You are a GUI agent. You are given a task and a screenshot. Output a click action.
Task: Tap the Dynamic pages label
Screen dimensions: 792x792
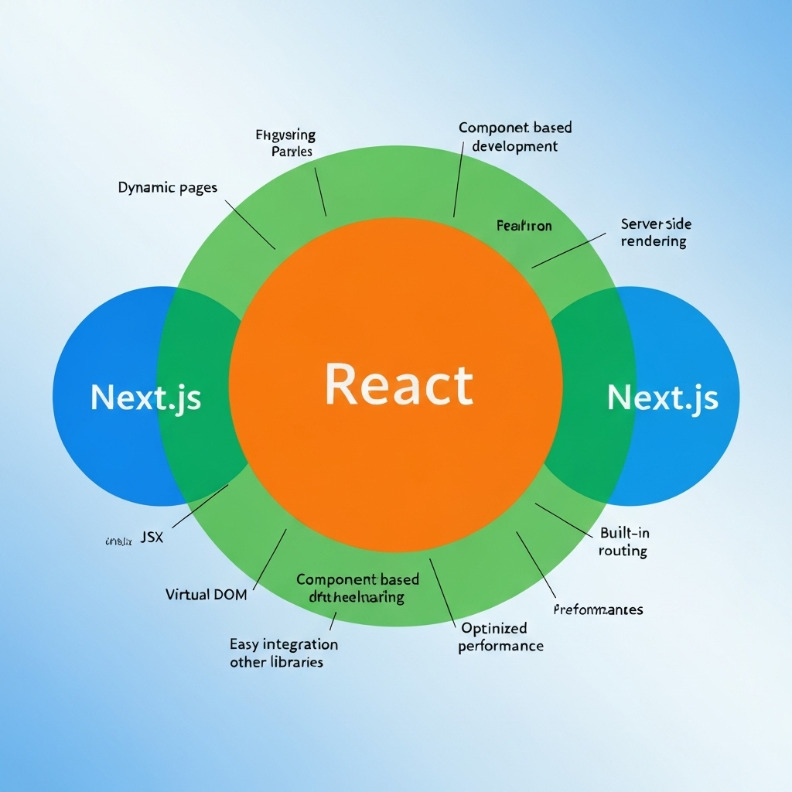168,187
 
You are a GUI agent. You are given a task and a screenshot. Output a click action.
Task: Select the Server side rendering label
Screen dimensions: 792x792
654,233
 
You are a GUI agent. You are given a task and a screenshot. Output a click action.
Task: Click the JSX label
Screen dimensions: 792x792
152,538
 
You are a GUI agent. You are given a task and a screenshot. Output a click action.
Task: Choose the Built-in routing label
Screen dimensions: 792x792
623,542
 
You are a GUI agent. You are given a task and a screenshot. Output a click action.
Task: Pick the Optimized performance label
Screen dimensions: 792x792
500,637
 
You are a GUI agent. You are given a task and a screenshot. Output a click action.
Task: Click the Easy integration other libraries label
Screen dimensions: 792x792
283,653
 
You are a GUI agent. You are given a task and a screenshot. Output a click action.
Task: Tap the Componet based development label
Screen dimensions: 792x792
514,137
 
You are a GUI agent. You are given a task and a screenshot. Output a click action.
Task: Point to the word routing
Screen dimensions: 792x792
623,551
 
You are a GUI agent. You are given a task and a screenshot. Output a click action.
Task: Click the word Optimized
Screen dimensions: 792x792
493,628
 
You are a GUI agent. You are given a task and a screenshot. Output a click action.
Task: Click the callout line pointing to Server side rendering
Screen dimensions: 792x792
568,250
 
